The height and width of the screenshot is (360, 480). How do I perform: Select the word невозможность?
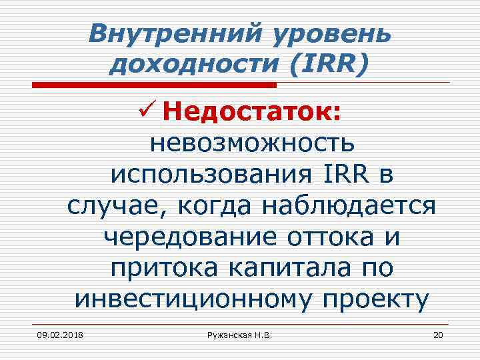point(253,142)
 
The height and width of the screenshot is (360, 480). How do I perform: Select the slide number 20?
point(437,334)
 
